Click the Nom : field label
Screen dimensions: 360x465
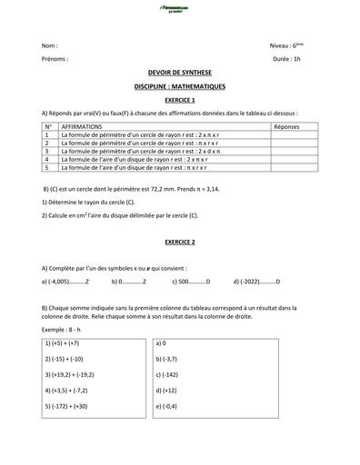(x=50, y=45)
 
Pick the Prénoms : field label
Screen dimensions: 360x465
(x=55, y=58)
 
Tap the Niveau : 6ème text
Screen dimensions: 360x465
(x=289, y=45)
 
